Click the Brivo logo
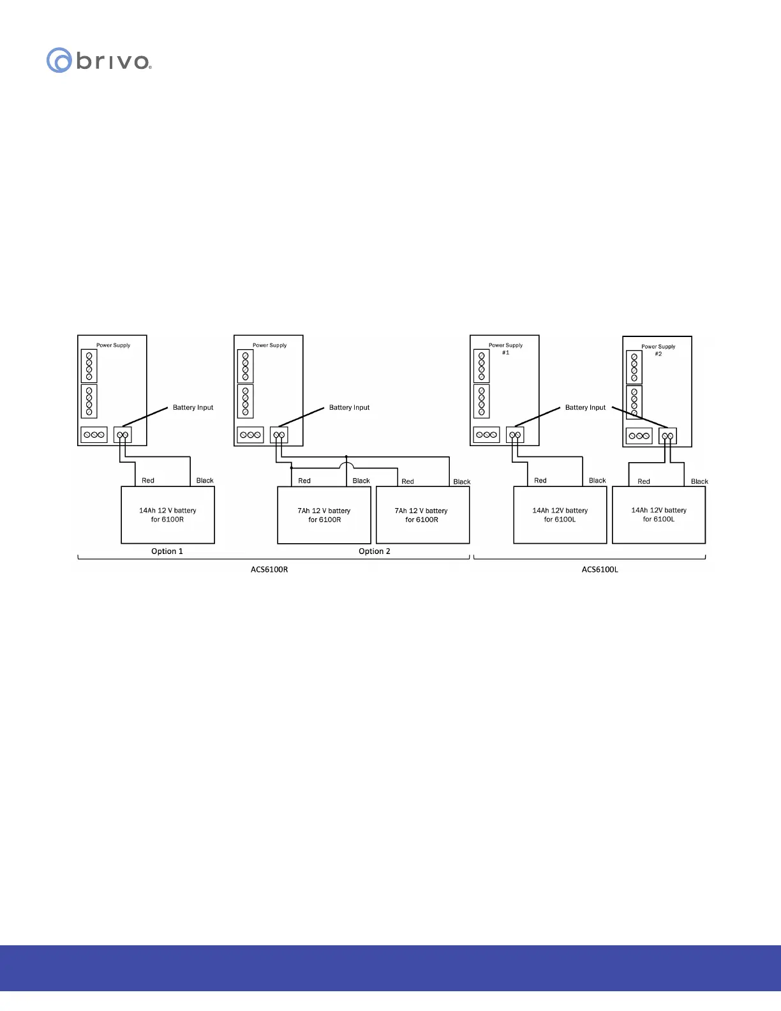point(99,61)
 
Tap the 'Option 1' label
point(167,551)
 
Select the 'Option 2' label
point(375,551)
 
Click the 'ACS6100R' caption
point(269,569)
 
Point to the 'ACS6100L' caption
point(600,569)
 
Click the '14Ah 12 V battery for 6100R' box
point(168,515)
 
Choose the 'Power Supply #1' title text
point(505,348)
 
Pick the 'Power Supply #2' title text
point(658,350)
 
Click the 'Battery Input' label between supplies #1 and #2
point(585,408)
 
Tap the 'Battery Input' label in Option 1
point(193,408)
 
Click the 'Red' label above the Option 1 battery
point(148,481)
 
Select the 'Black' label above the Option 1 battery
point(205,481)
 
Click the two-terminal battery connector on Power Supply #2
point(667,437)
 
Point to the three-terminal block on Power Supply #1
point(486,435)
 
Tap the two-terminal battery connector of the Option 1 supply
point(123,435)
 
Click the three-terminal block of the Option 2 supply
point(250,435)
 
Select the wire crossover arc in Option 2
point(346,466)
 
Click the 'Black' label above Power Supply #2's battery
point(699,482)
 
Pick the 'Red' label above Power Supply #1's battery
point(540,481)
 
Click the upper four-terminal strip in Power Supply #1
point(482,365)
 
